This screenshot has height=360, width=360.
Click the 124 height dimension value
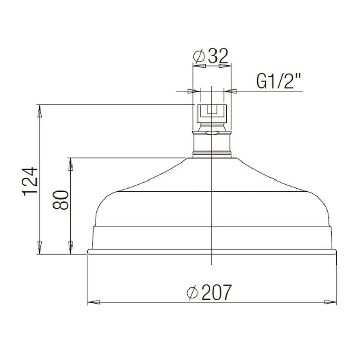pyautogui.click(x=30, y=182)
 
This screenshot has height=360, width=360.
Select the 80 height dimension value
pyautogui.click(x=61, y=200)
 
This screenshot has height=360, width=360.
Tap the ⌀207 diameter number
pyautogui.click(x=217, y=292)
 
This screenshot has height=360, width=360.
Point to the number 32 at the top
pyautogui.click(x=218, y=56)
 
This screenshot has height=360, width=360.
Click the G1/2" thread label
pyautogui.click(x=278, y=81)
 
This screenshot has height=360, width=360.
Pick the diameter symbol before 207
pyautogui.click(x=192, y=293)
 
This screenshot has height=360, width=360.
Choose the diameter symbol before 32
pyautogui.click(x=199, y=56)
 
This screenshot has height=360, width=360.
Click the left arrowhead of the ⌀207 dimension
pyautogui.click(x=94, y=302)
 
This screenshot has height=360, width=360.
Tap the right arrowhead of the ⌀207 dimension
pyautogui.click(x=330, y=302)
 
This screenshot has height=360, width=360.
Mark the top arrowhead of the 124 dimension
pyautogui.click(x=40, y=112)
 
